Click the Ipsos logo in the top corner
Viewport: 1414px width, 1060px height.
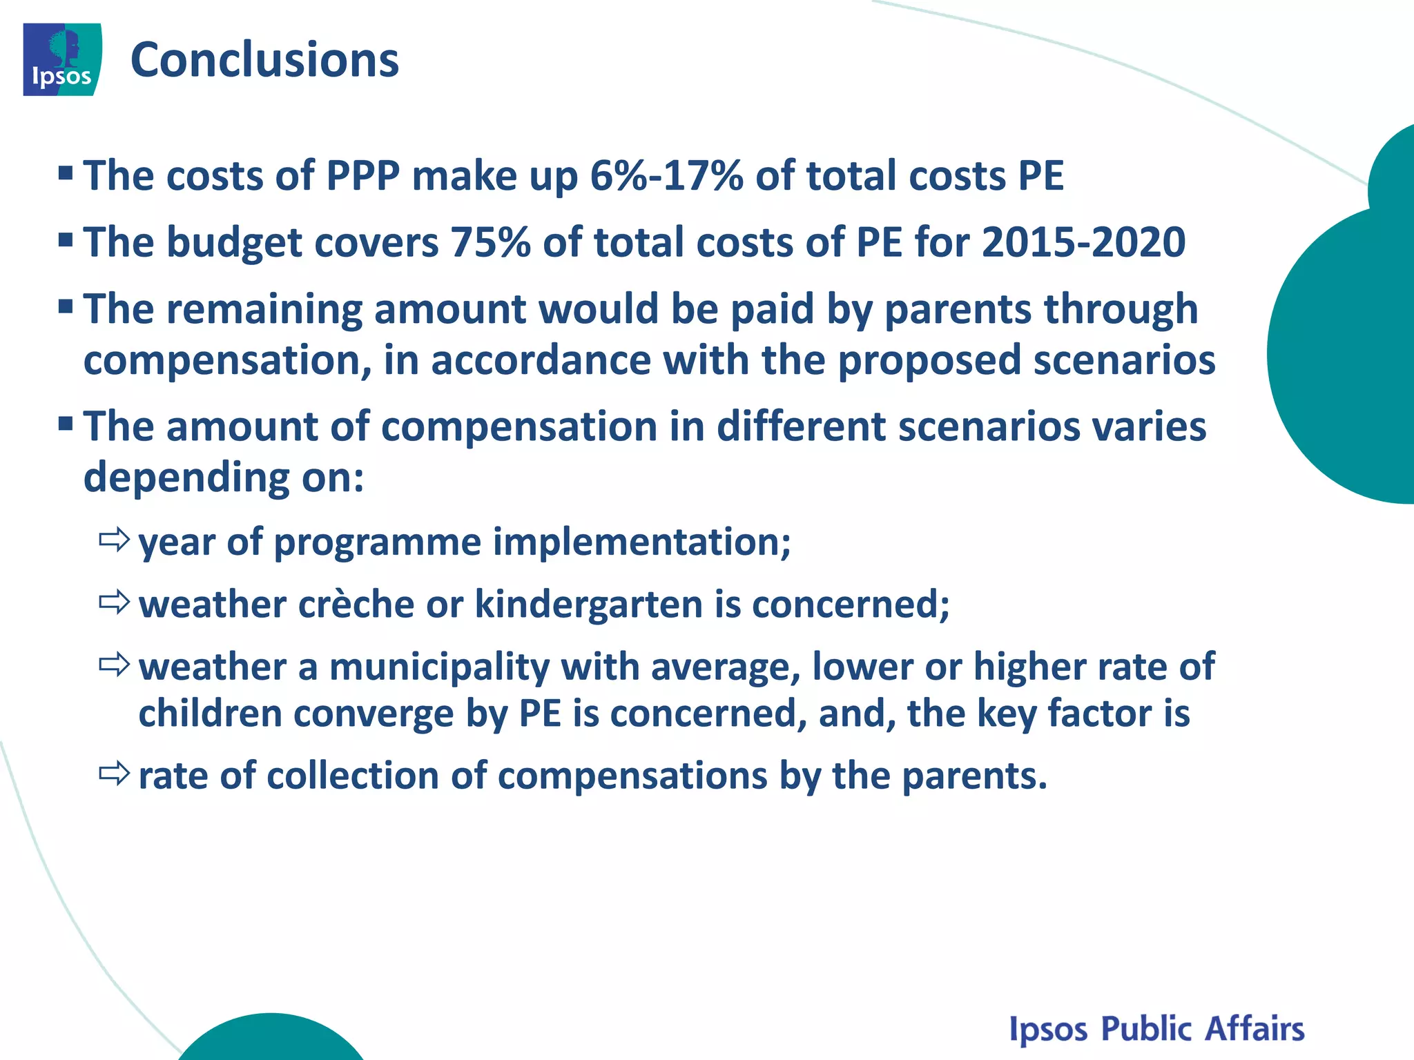pyautogui.click(x=62, y=59)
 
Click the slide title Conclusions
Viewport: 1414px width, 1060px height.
pyautogui.click(x=264, y=60)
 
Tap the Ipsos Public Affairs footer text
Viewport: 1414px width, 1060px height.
pyautogui.click(x=1156, y=1029)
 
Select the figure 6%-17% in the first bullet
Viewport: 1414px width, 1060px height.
pyautogui.click(x=666, y=175)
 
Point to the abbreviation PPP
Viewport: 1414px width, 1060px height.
pyautogui.click(x=362, y=175)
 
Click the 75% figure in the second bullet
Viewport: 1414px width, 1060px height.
pyautogui.click(x=490, y=242)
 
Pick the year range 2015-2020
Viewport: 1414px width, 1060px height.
pyautogui.click(x=1083, y=242)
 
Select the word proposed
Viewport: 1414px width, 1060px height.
pyautogui.click(x=929, y=361)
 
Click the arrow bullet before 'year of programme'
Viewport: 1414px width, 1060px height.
pyautogui.click(x=114, y=540)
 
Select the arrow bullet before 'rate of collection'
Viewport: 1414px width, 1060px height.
pyautogui.click(x=114, y=774)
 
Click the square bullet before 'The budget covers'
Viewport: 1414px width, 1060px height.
pyautogui.click(x=66, y=239)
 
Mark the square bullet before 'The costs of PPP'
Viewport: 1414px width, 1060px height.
pyautogui.click(x=66, y=173)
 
